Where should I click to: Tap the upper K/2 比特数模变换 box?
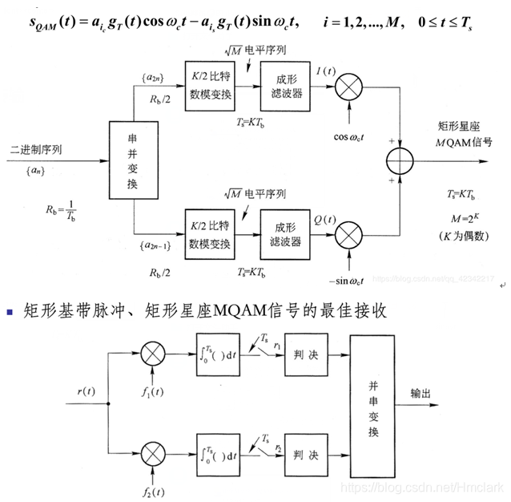[210, 83]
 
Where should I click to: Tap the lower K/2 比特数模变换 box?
[210, 235]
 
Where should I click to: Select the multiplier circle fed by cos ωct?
[350, 83]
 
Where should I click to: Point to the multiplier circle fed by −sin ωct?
[350, 235]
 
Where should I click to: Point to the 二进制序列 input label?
[37, 149]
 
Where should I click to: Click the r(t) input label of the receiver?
[87, 391]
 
